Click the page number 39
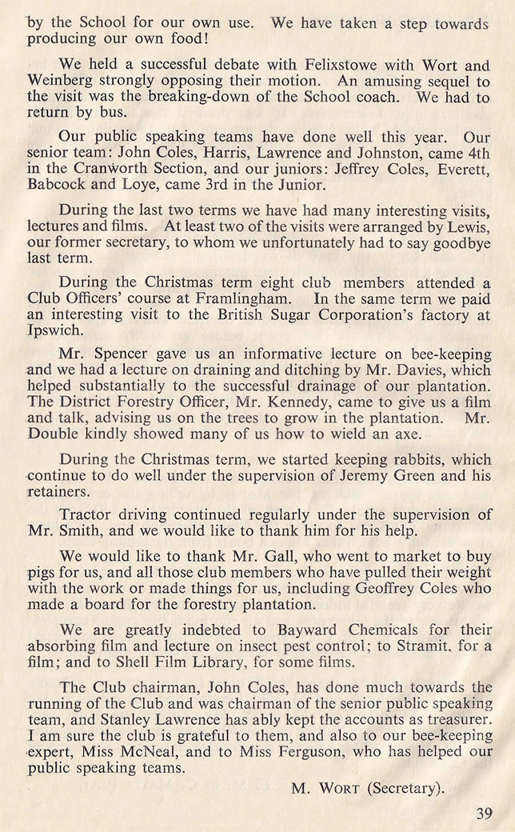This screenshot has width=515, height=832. click(x=483, y=814)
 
